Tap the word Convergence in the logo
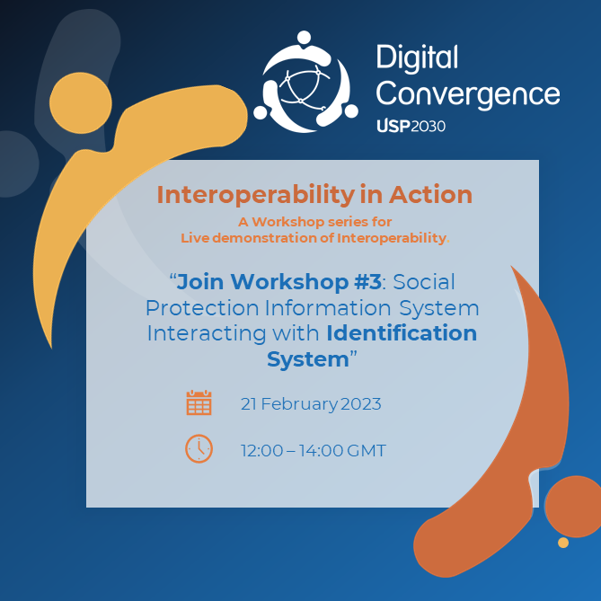coord(468,94)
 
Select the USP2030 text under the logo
coord(411,126)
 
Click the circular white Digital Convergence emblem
coord(305,82)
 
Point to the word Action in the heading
coord(431,195)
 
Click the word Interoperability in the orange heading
coord(256,195)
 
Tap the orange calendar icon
coord(199,402)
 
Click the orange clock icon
coord(199,448)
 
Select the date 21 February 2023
coord(311,404)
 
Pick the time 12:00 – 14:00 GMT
coord(314,450)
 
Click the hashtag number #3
coord(367,282)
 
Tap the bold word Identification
coord(402,332)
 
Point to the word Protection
coord(202,308)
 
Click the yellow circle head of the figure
coord(81,102)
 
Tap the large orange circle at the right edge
coord(573,507)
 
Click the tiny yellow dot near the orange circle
coord(563,543)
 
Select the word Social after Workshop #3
coord(424,282)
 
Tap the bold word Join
coord(200,282)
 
